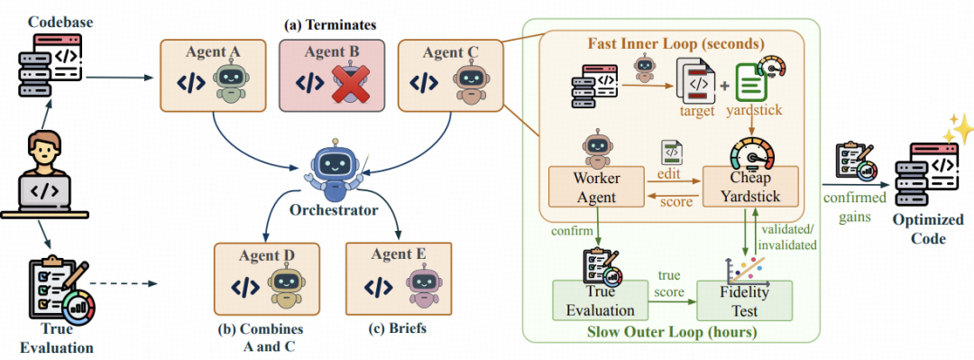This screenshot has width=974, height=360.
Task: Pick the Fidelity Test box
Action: (x=744, y=300)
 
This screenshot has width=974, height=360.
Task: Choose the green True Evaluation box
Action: (x=601, y=301)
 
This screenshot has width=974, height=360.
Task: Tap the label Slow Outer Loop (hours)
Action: (x=672, y=331)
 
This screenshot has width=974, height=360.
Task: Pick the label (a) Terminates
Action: (x=330, y=26)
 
